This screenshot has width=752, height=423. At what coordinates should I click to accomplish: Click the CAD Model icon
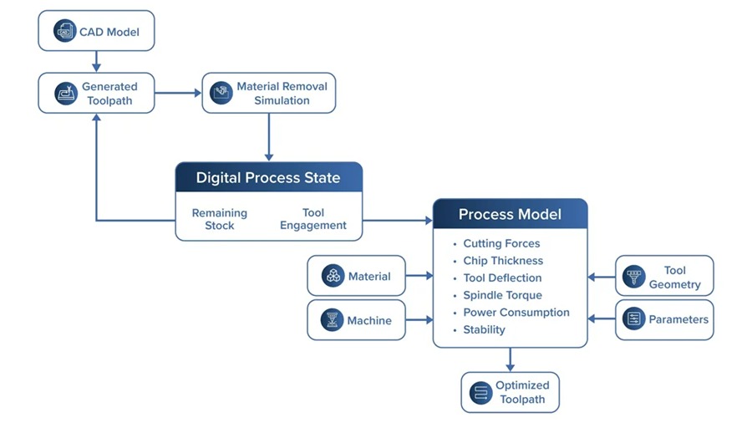(x=64, y=31)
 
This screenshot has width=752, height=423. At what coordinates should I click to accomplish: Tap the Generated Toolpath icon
(x=66, y=93)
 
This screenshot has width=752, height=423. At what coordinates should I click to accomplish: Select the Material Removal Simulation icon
(x=221, y=93)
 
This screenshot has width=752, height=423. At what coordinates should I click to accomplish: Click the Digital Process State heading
(x=268, y=177)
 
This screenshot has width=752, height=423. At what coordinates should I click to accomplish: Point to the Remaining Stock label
(x=220, y=219)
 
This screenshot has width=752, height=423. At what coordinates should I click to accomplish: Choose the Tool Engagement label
(x=313, y=219)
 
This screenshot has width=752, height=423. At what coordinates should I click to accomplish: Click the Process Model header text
(x=510, y=214)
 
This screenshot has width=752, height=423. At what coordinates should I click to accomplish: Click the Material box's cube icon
(x=333, y=276)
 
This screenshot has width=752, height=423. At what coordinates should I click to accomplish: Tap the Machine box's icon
(x=332, y=320)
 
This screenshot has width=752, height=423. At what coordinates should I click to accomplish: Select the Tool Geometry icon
(x=633, y=276)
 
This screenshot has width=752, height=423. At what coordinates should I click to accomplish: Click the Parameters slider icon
(x=633, y=319)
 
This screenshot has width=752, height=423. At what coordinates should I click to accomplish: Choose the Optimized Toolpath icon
(x=480, y=393)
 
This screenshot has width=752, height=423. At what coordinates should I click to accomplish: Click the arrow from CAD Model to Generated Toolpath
(x=96, y=61)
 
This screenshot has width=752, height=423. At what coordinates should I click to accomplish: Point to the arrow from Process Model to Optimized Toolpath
(x=510, y=359)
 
